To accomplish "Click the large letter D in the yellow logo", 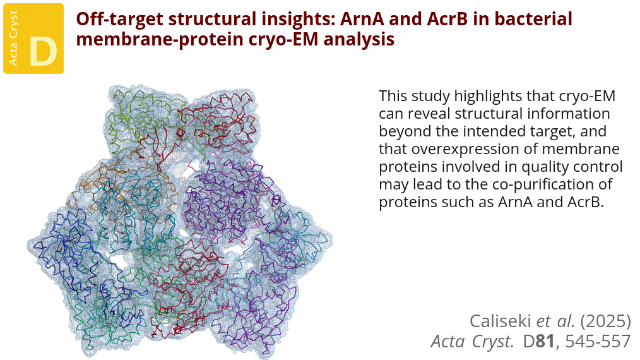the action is [x=44, y=52].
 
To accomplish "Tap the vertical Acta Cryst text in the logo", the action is [x=13, y=38].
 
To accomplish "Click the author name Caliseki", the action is [x=501, y=321].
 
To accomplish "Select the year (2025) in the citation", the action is [x=606, y=321].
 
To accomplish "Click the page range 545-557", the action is [x=598, y=342].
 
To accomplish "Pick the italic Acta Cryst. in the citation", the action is [x=472, y=342].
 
